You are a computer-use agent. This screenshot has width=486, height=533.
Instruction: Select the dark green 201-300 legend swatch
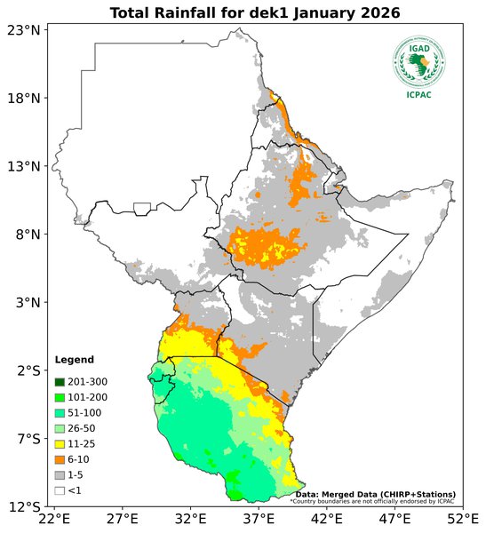pos(60,382)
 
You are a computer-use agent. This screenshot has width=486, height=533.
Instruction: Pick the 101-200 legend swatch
pos(60,397)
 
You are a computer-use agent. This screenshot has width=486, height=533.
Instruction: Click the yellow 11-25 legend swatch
pos(60,443)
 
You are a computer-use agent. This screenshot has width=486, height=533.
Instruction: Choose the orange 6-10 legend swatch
pos(60,459)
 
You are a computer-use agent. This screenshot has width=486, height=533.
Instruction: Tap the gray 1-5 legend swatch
pos(60,474)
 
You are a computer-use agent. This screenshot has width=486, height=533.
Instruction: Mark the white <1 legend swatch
pos(60,489)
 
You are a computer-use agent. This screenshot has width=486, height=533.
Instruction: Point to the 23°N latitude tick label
pos(24,30)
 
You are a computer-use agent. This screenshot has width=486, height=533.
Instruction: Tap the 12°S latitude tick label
pos(24,507)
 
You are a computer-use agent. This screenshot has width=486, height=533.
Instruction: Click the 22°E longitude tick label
pos(54,519)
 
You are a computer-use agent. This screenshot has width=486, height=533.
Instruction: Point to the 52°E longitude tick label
pos(462,519)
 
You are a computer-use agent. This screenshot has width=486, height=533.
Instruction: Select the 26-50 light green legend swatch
pos(60,428)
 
